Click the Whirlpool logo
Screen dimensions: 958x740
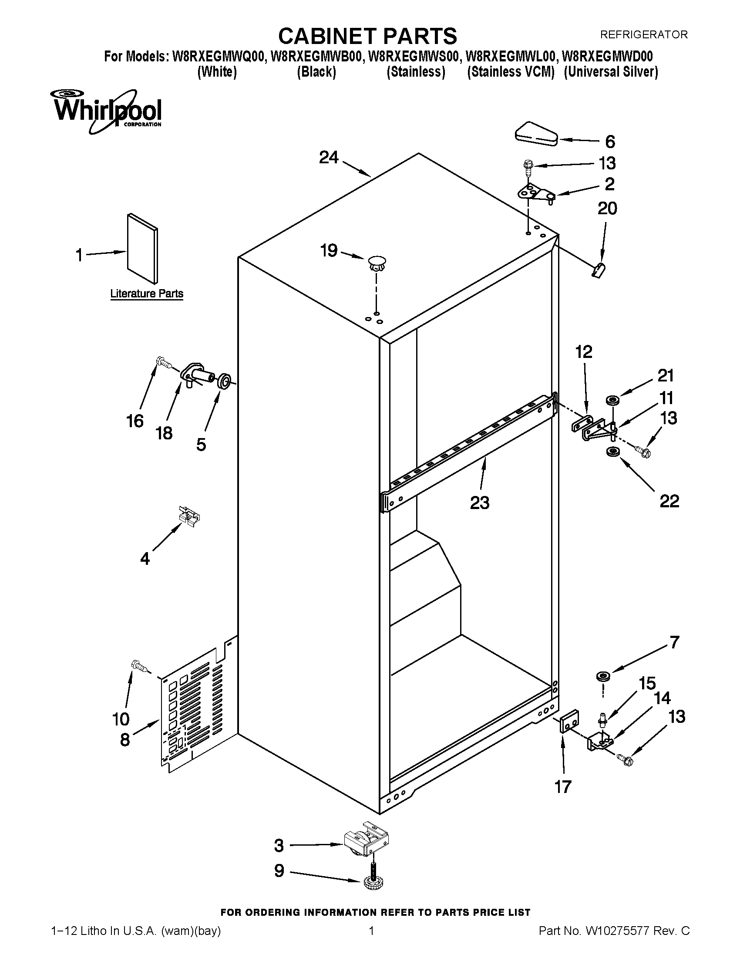107,111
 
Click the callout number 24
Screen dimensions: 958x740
329,157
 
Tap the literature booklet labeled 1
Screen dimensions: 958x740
142,249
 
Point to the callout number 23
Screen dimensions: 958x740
479,502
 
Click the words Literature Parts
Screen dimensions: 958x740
146,293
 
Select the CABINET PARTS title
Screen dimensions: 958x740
367,36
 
